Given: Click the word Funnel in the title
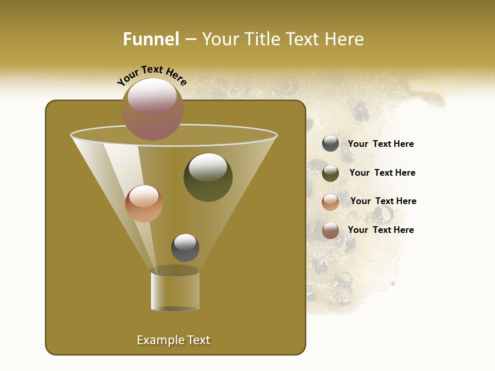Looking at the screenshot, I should (151, 39).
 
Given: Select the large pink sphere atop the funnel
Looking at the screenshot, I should (153, 109).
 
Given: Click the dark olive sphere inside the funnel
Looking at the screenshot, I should (208, 177).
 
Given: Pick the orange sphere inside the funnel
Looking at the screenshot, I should (144, 204).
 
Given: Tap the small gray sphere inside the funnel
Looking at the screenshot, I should (185, 248).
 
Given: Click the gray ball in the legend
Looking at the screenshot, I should (331, 143).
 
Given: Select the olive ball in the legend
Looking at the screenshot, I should (331, 173).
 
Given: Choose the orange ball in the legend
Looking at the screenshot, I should (331, 202).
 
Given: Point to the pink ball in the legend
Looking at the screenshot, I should (331, 230).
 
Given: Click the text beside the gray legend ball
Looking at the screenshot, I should (381, 144).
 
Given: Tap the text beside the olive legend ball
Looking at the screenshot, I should (382, 173).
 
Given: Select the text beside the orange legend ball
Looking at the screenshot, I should (383, 201).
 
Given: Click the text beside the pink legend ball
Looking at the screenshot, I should (381, 230).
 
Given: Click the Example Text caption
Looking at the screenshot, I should (173, 340).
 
